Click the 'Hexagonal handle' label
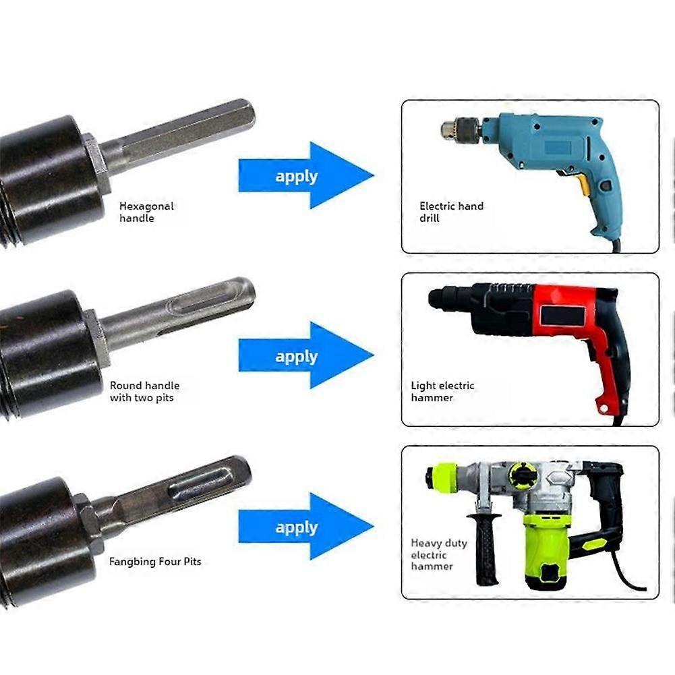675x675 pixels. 146,212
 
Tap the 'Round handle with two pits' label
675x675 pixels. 144,391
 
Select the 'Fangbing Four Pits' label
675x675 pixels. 155,561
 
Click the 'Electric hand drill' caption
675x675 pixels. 451,212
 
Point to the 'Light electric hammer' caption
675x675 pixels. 442,391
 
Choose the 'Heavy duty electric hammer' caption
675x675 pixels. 439,554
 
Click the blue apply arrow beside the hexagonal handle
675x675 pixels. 306,175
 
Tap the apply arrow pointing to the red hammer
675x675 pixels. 306,355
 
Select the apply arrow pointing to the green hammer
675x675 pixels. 306,527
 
